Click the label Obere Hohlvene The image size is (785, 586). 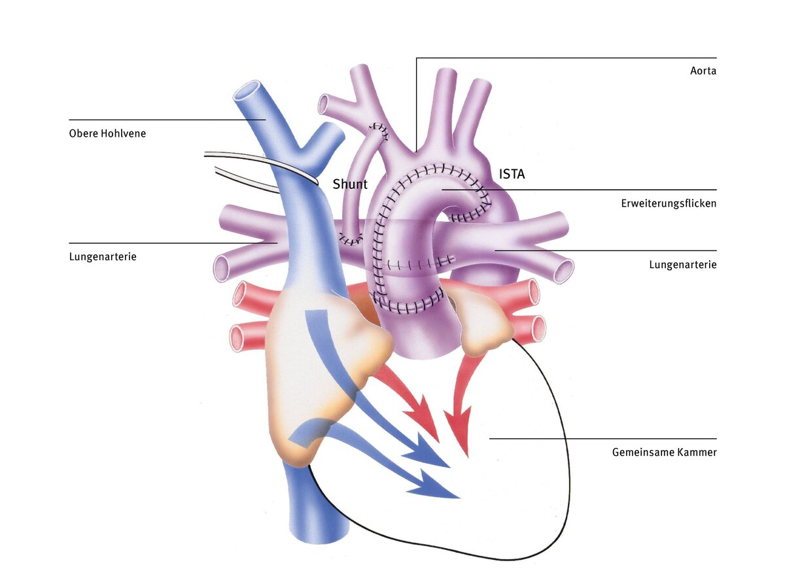click(x=107, y=133)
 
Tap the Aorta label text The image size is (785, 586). click(x=703, y=71)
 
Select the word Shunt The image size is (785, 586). click(x=350, y=184)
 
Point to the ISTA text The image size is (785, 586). click(x=512, y=174)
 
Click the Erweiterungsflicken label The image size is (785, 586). click(x=669, y=203)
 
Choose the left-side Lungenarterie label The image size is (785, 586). click(x=103, y=256)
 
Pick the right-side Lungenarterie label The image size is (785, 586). click(x=683, y=265)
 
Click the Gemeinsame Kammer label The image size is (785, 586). click(x=664, y=453)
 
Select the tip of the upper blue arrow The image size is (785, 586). click(x=449, y=467)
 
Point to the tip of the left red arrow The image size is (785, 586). click(x=438, y=442)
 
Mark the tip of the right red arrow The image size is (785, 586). click(x=468, y=457)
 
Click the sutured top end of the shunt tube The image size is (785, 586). click(x=379, y=130)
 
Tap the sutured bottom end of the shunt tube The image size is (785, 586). click(x=351, y=239)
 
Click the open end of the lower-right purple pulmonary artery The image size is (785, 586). click(x=563, y=272)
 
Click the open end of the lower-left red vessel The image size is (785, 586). click(x=237, y=337)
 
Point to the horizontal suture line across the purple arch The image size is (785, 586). click(x=421, y=264)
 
